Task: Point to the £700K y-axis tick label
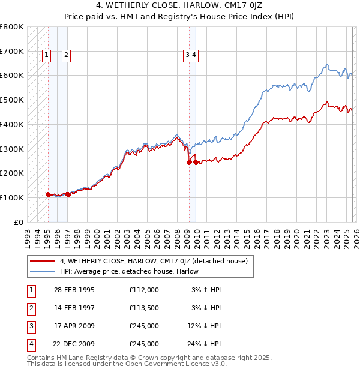(x=12, y=52)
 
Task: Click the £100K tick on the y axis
(x=12, y=197)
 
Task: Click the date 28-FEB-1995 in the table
(x=74, y=290)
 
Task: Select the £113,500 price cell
(x=143, y=308)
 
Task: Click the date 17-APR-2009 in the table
(x=74, y=326)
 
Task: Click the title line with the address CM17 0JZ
(x=180, y=5)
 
